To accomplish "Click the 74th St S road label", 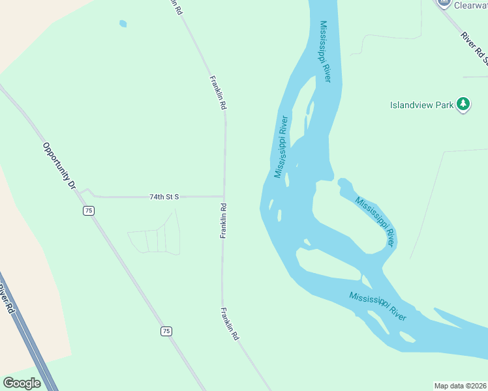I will click(x=164, y=196).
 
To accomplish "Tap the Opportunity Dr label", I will click(x=59, y=166).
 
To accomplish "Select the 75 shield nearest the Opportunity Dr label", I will click(x=89, y=210).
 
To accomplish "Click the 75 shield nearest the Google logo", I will click(x=166, y=331).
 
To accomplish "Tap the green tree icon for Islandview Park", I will click(x=463, y=104).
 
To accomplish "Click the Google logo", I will click(x=22, y=383).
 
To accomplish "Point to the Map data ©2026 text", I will click(x=460, y=386).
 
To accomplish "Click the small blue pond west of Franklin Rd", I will click(x=123, y=24).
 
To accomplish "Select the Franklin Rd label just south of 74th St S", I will click(x=223, y=221).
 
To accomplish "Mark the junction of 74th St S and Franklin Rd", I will click(x=224, y=196).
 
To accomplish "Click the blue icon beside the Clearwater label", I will click(x=445, y=3).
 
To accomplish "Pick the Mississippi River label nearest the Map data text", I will click(x=378, y=306).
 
